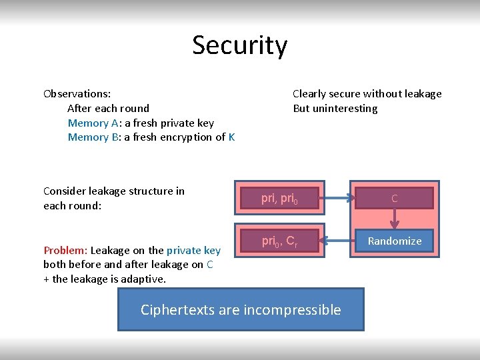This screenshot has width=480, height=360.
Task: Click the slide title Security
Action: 240,45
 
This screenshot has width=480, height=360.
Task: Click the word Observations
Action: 77,94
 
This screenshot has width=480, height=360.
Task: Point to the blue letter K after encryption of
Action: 231,137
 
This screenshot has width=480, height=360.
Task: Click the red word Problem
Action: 65,251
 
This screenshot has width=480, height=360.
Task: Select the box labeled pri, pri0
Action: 280,198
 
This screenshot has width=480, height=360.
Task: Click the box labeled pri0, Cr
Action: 280,241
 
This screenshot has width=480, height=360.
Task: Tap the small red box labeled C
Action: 394,198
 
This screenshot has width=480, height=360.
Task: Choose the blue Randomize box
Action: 394,241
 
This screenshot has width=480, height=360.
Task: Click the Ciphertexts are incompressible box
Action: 241,309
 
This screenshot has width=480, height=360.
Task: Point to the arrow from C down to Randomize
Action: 394,219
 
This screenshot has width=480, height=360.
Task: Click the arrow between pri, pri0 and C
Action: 341,198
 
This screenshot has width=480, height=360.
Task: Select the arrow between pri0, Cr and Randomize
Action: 341,241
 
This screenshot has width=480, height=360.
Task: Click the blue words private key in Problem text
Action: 193,251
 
